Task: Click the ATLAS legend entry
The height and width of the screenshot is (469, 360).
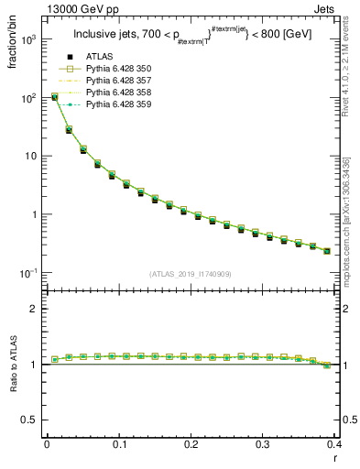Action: point(99,57)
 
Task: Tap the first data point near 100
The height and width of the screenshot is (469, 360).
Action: point(54,96)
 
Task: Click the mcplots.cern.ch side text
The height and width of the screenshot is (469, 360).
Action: point(352,220)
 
